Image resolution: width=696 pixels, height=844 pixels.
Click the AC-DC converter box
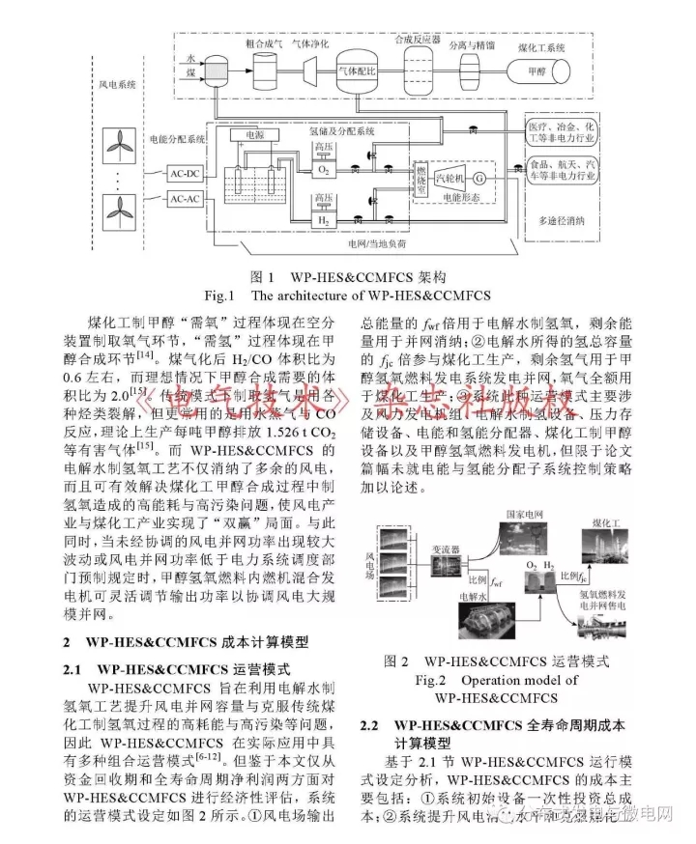click(x=183, y=175)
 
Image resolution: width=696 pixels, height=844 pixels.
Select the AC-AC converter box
click(x=183, y=198)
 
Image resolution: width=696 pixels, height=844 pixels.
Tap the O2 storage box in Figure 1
click(x=324, y=168)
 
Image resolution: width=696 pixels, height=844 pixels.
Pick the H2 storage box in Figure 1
click(x=324, y=221)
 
